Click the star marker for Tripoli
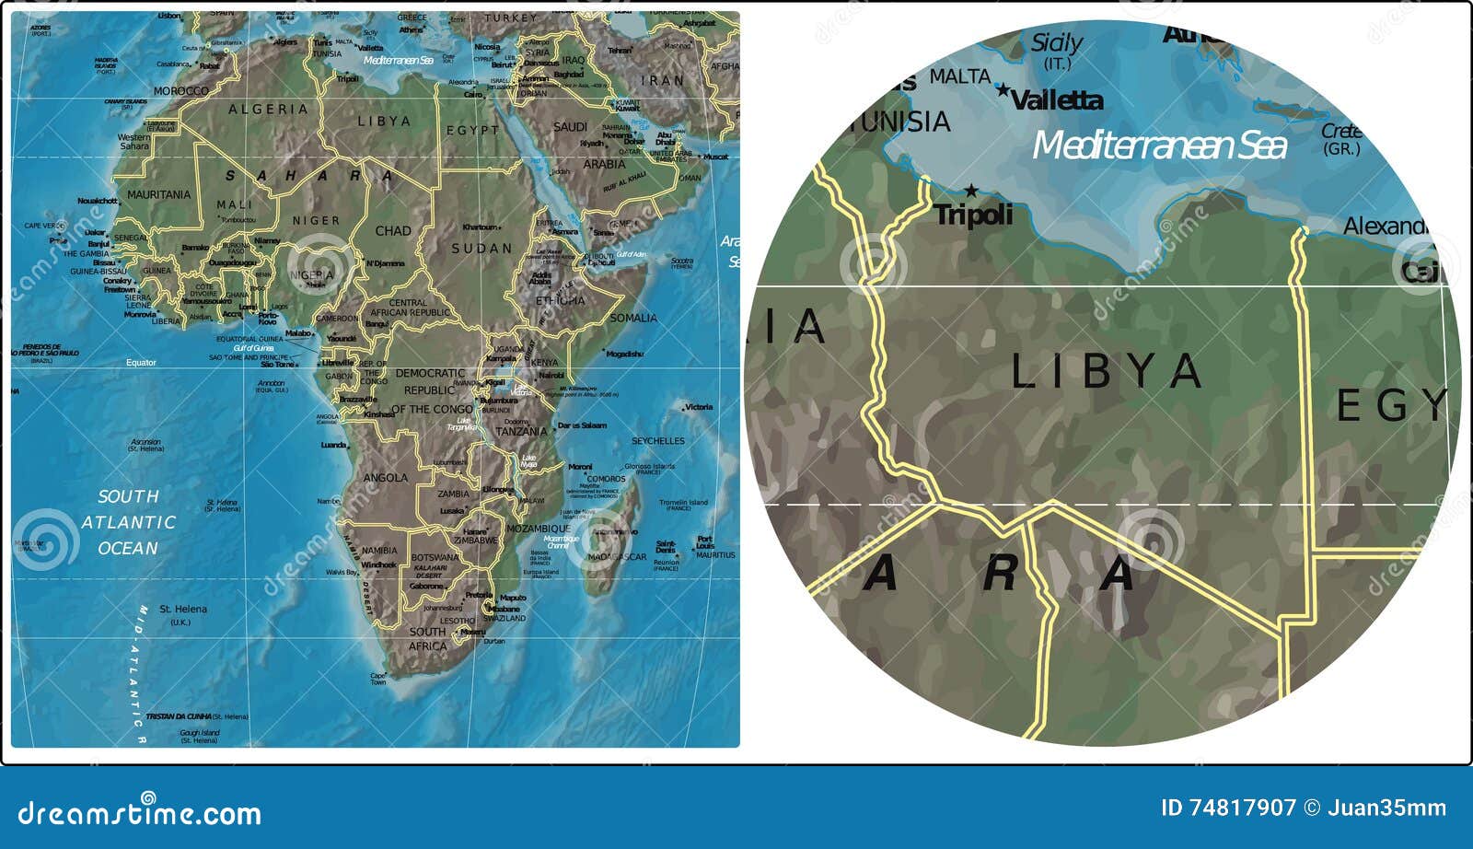[970, 192]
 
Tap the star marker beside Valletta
[1003, 90]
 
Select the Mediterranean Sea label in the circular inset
[1158, 145]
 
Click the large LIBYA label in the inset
[1107, 371]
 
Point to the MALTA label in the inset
[959, 77]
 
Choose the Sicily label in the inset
[1057, 43]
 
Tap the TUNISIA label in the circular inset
[904, 122]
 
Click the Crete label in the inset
[1341, 132]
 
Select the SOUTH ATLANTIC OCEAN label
[128, 522]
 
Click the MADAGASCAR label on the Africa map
[617, 557]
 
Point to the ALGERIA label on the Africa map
[268, 110]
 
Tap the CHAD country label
[393, 231]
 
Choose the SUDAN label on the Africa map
[481, 249]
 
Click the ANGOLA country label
[386, 478]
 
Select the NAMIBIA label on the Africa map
[379, 551]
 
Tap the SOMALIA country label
[633, 318]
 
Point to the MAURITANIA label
[158, 195]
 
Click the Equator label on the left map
[141, 363]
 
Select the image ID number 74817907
[1241, 808]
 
